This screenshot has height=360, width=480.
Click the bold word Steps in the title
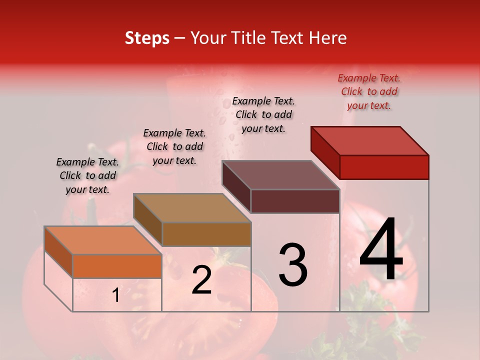pos(147,38)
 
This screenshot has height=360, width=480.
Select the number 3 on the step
pos(292,265)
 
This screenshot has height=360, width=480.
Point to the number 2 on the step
pos(201,280)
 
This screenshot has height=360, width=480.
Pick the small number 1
pos(116,295)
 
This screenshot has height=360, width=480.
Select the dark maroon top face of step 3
pos(280,175)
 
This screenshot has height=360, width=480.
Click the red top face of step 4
pos(370,141)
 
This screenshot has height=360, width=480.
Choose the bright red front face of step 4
pos(384,167)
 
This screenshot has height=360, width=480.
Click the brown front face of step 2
pos(206,234)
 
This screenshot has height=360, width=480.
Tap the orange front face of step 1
pos(117,266)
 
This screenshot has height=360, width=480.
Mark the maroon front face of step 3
pos(295,201)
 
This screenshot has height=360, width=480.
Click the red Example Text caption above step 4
pos(369,91)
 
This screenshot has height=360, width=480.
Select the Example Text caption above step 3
pos(263,114)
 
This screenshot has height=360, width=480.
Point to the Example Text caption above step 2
pos(174,146)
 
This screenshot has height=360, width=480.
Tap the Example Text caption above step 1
pos(87,175)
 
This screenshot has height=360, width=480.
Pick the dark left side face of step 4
pos(325,152)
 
